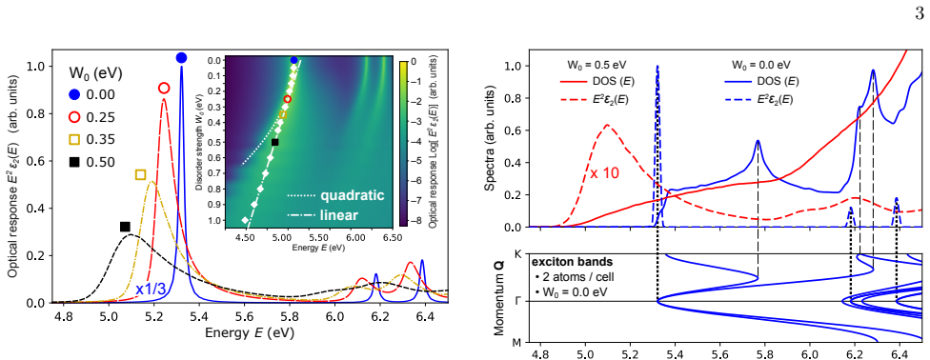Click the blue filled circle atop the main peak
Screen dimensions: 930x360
(181, 57)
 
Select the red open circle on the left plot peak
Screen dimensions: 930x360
(164, 88)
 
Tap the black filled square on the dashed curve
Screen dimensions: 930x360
(125, 227)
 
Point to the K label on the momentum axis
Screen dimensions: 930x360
(516, 254)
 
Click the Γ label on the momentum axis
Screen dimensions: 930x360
(516, 301)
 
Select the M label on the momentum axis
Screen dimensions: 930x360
(516, 342)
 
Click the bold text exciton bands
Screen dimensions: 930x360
(564, 262)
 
